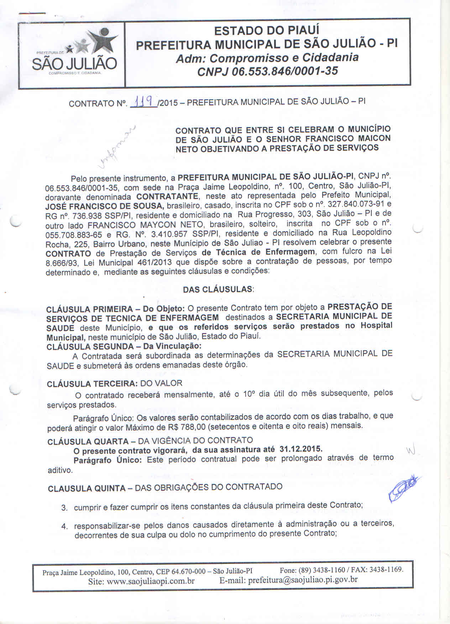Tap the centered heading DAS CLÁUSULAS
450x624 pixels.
(218, 289)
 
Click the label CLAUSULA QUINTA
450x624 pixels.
(87, 488)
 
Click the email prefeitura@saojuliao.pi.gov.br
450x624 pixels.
(303, 579)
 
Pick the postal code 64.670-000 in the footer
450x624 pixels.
(189, 572)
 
